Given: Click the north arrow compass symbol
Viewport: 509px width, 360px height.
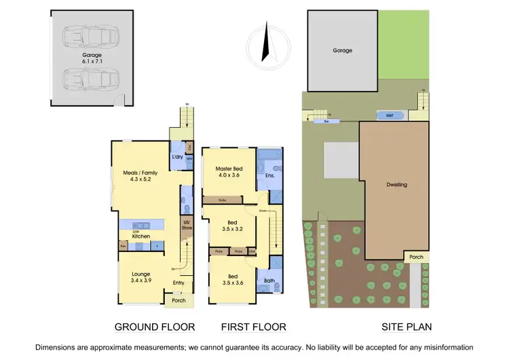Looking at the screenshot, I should (x=265, y=42).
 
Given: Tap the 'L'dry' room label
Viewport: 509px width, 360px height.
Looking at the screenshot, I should (x=178, y=157).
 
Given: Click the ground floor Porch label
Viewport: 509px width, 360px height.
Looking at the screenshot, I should (x=179, y=301).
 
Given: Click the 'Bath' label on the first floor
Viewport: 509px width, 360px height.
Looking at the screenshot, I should (x=269, y=281).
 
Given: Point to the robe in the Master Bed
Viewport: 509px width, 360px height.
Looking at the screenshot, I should (x=223, y=200).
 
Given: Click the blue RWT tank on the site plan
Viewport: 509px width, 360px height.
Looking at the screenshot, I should (x=389, y=115).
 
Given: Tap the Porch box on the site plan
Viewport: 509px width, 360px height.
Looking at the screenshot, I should (x=416, y=257).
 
